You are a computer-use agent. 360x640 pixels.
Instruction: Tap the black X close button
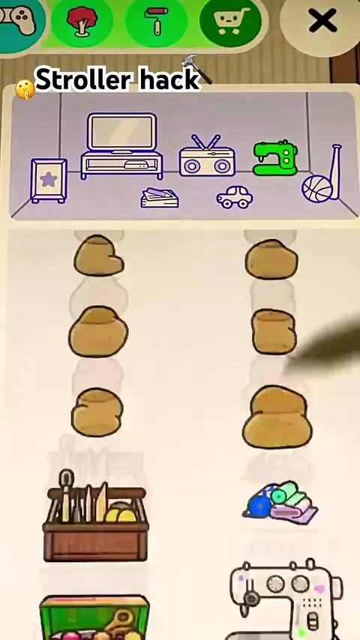[322, 21]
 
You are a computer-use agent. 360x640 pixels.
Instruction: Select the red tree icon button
[82, 20]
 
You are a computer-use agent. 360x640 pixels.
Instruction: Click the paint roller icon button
[156, 20]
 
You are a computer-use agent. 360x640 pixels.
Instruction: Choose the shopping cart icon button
[231, 21]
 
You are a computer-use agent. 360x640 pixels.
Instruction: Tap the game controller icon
[18, 20]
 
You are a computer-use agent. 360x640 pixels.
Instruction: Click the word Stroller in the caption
[84, 79]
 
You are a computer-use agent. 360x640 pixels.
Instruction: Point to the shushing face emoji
[25, 89]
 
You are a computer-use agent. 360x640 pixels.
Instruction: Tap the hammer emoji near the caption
[197, 68]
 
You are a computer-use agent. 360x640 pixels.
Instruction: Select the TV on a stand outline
[121, 145]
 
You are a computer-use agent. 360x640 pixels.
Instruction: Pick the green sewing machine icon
[275, 158]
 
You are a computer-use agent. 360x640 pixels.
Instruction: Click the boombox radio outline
[207, 157]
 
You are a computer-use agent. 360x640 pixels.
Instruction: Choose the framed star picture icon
[49, 181]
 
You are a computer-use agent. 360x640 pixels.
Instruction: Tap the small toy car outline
[235, 197]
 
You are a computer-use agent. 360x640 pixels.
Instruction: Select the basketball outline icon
[317, 189]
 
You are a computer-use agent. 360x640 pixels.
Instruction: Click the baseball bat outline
[335, 171]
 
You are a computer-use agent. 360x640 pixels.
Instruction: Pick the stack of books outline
[159, 198]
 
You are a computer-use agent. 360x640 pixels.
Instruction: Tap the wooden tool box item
[94, 516]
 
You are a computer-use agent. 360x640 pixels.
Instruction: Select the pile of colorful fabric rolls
[280, 503]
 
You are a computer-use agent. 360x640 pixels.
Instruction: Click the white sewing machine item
[286, 600]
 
